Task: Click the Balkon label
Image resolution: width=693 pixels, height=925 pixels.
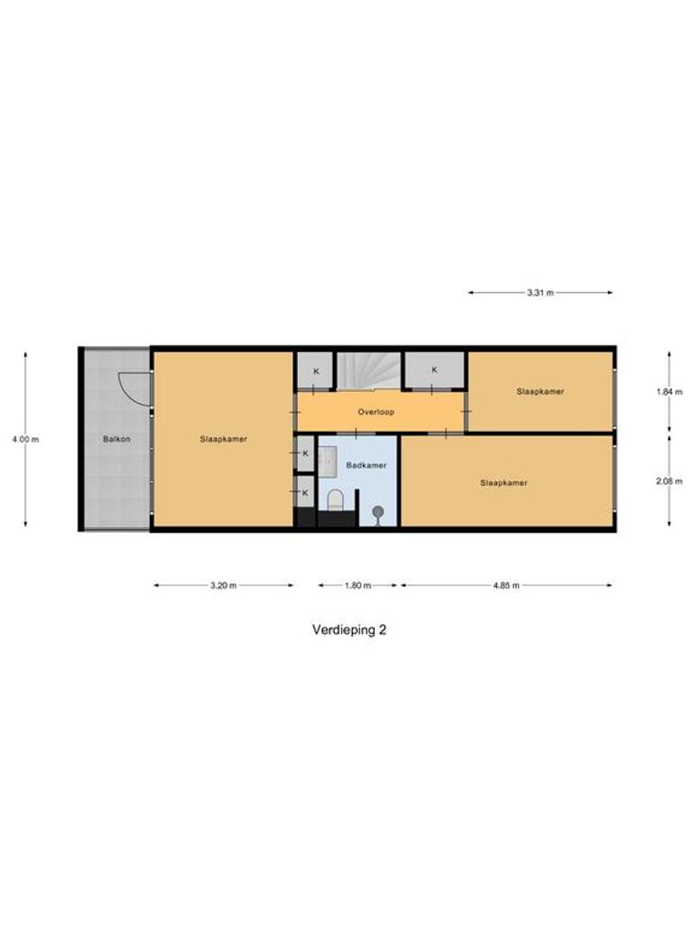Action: point(114,439)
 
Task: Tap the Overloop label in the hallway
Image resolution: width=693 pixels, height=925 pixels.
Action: point(375,411)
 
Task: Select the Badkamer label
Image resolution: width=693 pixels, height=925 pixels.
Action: point(366,465)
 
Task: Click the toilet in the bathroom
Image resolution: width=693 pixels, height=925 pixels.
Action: point(336,498)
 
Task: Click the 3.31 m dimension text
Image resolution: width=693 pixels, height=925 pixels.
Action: point(541,293)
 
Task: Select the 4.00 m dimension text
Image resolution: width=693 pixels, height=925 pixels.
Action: point(26,439)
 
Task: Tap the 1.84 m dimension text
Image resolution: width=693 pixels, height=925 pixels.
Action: point(669,392)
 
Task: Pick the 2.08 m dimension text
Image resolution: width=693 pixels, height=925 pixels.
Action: point(669,481)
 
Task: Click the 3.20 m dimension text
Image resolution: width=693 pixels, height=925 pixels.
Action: point(223,585)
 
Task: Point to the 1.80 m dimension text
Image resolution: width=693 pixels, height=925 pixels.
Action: point(358,585)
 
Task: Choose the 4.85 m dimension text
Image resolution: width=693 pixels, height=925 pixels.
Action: point(506,585)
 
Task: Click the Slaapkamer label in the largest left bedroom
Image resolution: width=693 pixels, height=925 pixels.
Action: point(224,439)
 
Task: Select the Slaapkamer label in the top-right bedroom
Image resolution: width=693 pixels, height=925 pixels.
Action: point(541,392)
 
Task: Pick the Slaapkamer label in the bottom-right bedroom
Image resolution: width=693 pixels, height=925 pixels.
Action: point(504,482)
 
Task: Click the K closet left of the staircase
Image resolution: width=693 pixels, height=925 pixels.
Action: point(316,371)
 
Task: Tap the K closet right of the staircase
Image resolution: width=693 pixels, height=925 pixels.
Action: point(434,369)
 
